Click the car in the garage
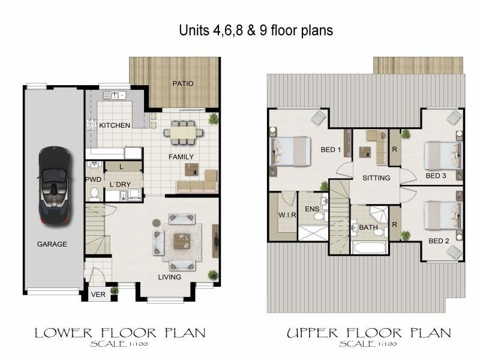tap(55, 185)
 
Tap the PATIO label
tap(183, 83)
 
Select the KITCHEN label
tap(115, 125)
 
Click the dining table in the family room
tap(183, 132)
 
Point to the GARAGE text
tap(52, 244)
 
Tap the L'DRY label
tap(121, 184)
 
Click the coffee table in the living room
tap(182, 242)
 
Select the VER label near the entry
tap(98, 295)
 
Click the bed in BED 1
tap(291, 152)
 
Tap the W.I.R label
tap(287, 215)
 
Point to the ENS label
tap(312, 209)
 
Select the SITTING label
tap(376, 178)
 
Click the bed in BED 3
tap(442, 156)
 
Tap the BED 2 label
tap(439, 241)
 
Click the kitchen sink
tap(115, 95)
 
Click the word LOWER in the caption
tap(64, 333)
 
